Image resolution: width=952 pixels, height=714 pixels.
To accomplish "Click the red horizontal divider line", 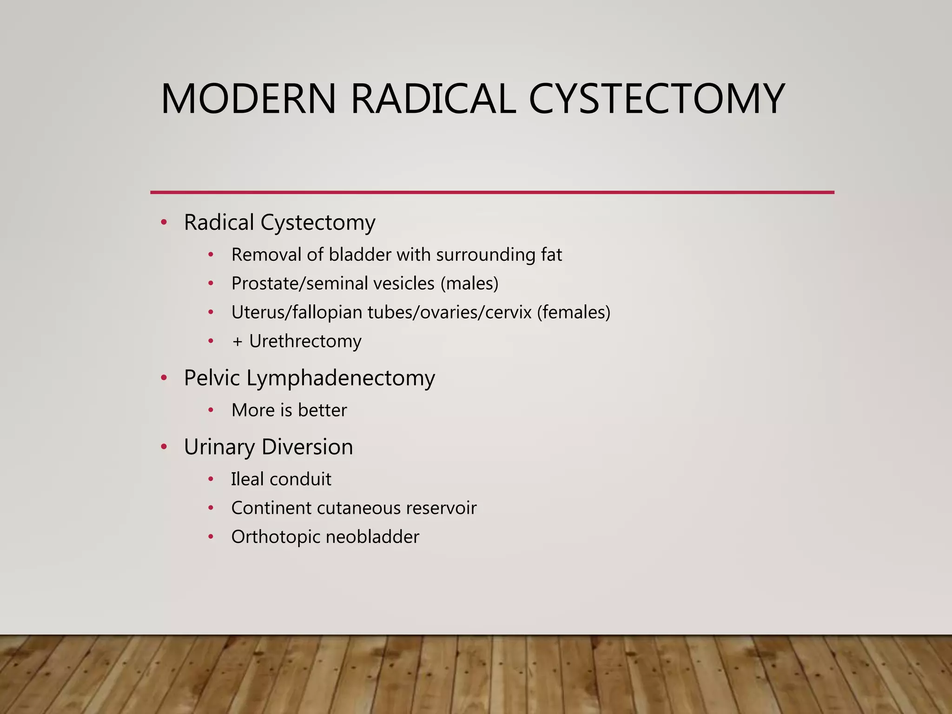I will pos(492,192).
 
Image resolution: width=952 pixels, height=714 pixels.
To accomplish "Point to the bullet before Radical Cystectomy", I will pos(164,222).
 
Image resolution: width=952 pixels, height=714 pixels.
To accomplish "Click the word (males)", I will pos(469,284).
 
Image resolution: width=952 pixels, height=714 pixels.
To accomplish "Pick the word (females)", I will pos(574,312).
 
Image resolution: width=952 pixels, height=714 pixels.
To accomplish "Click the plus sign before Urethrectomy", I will pos(238,342).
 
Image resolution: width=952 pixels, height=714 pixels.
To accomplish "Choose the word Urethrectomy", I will pos(305,342).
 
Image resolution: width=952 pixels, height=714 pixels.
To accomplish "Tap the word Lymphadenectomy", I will pos(341,378).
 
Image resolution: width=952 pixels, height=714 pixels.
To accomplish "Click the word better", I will pos(323,410).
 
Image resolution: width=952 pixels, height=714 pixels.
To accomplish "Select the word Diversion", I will pos(307,447).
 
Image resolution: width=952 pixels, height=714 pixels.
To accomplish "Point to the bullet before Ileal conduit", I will pos(211,479).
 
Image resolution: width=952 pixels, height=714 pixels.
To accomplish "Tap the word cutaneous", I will pos(357,508).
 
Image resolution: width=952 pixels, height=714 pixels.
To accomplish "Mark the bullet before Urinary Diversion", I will pos(164,447).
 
